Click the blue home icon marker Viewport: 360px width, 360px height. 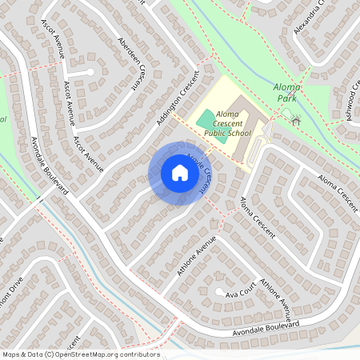(x=180, y=173)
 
